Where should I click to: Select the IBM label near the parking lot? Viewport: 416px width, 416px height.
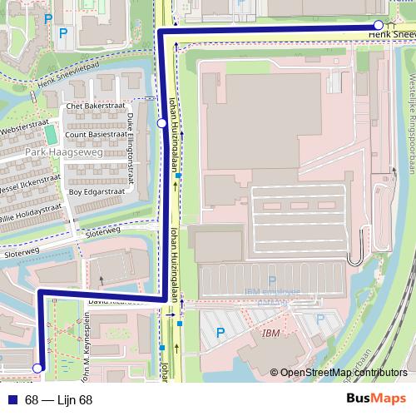[x=271, y=333]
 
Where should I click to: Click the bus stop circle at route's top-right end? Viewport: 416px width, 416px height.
[x=379, y=25]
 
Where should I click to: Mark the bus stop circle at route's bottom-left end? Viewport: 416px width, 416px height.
[x=37, y=367]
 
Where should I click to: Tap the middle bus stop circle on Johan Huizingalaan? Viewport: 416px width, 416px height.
[x=161, y=123]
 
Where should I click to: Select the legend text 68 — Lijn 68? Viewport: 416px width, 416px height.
[x=58, y=399]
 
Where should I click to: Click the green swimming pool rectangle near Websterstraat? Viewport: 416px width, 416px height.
[x=52, y=134]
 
